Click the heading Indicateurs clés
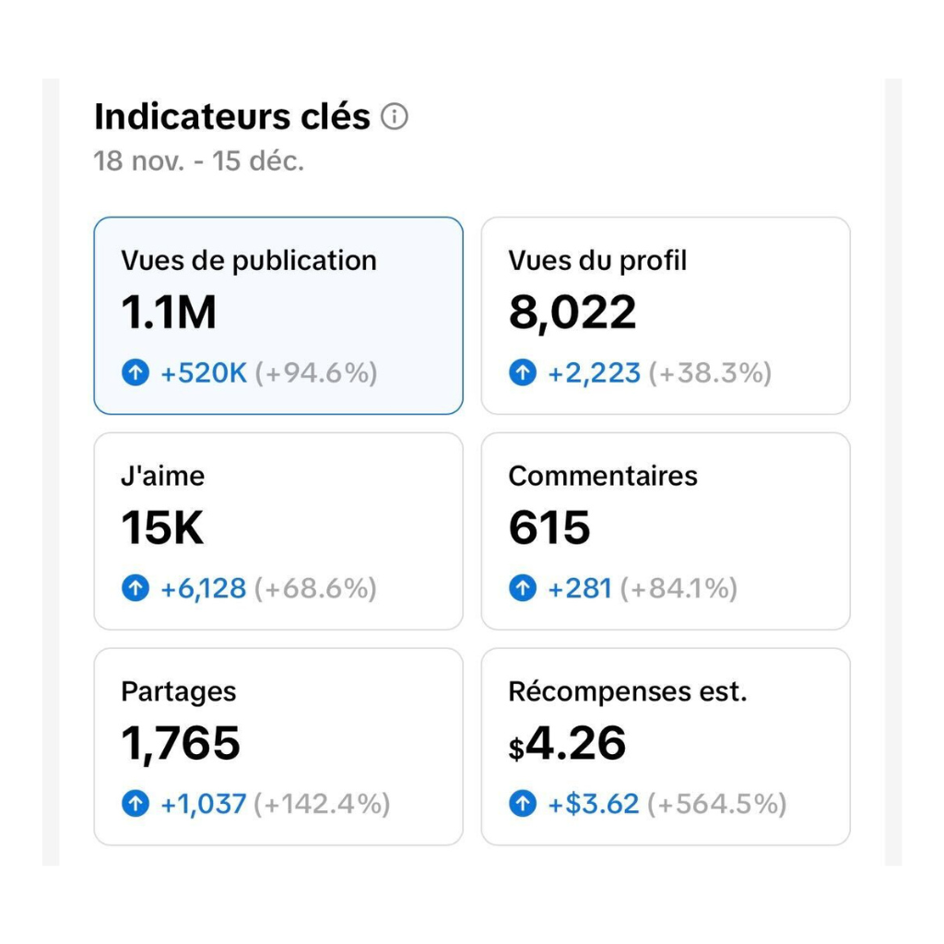231,118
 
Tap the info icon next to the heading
395,117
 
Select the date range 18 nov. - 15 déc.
198,162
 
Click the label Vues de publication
248,261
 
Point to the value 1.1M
169,313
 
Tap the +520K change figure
203,373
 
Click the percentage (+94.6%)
316,373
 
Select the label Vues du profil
597,261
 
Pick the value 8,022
572,313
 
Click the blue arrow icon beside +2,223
523,373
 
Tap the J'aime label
162,477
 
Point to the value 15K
162,529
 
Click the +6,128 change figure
203,589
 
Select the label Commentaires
602,477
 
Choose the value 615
549,529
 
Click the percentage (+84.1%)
678,589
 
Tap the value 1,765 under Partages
181,744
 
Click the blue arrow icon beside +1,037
136,804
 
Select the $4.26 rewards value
567,744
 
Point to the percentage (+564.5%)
716,804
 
